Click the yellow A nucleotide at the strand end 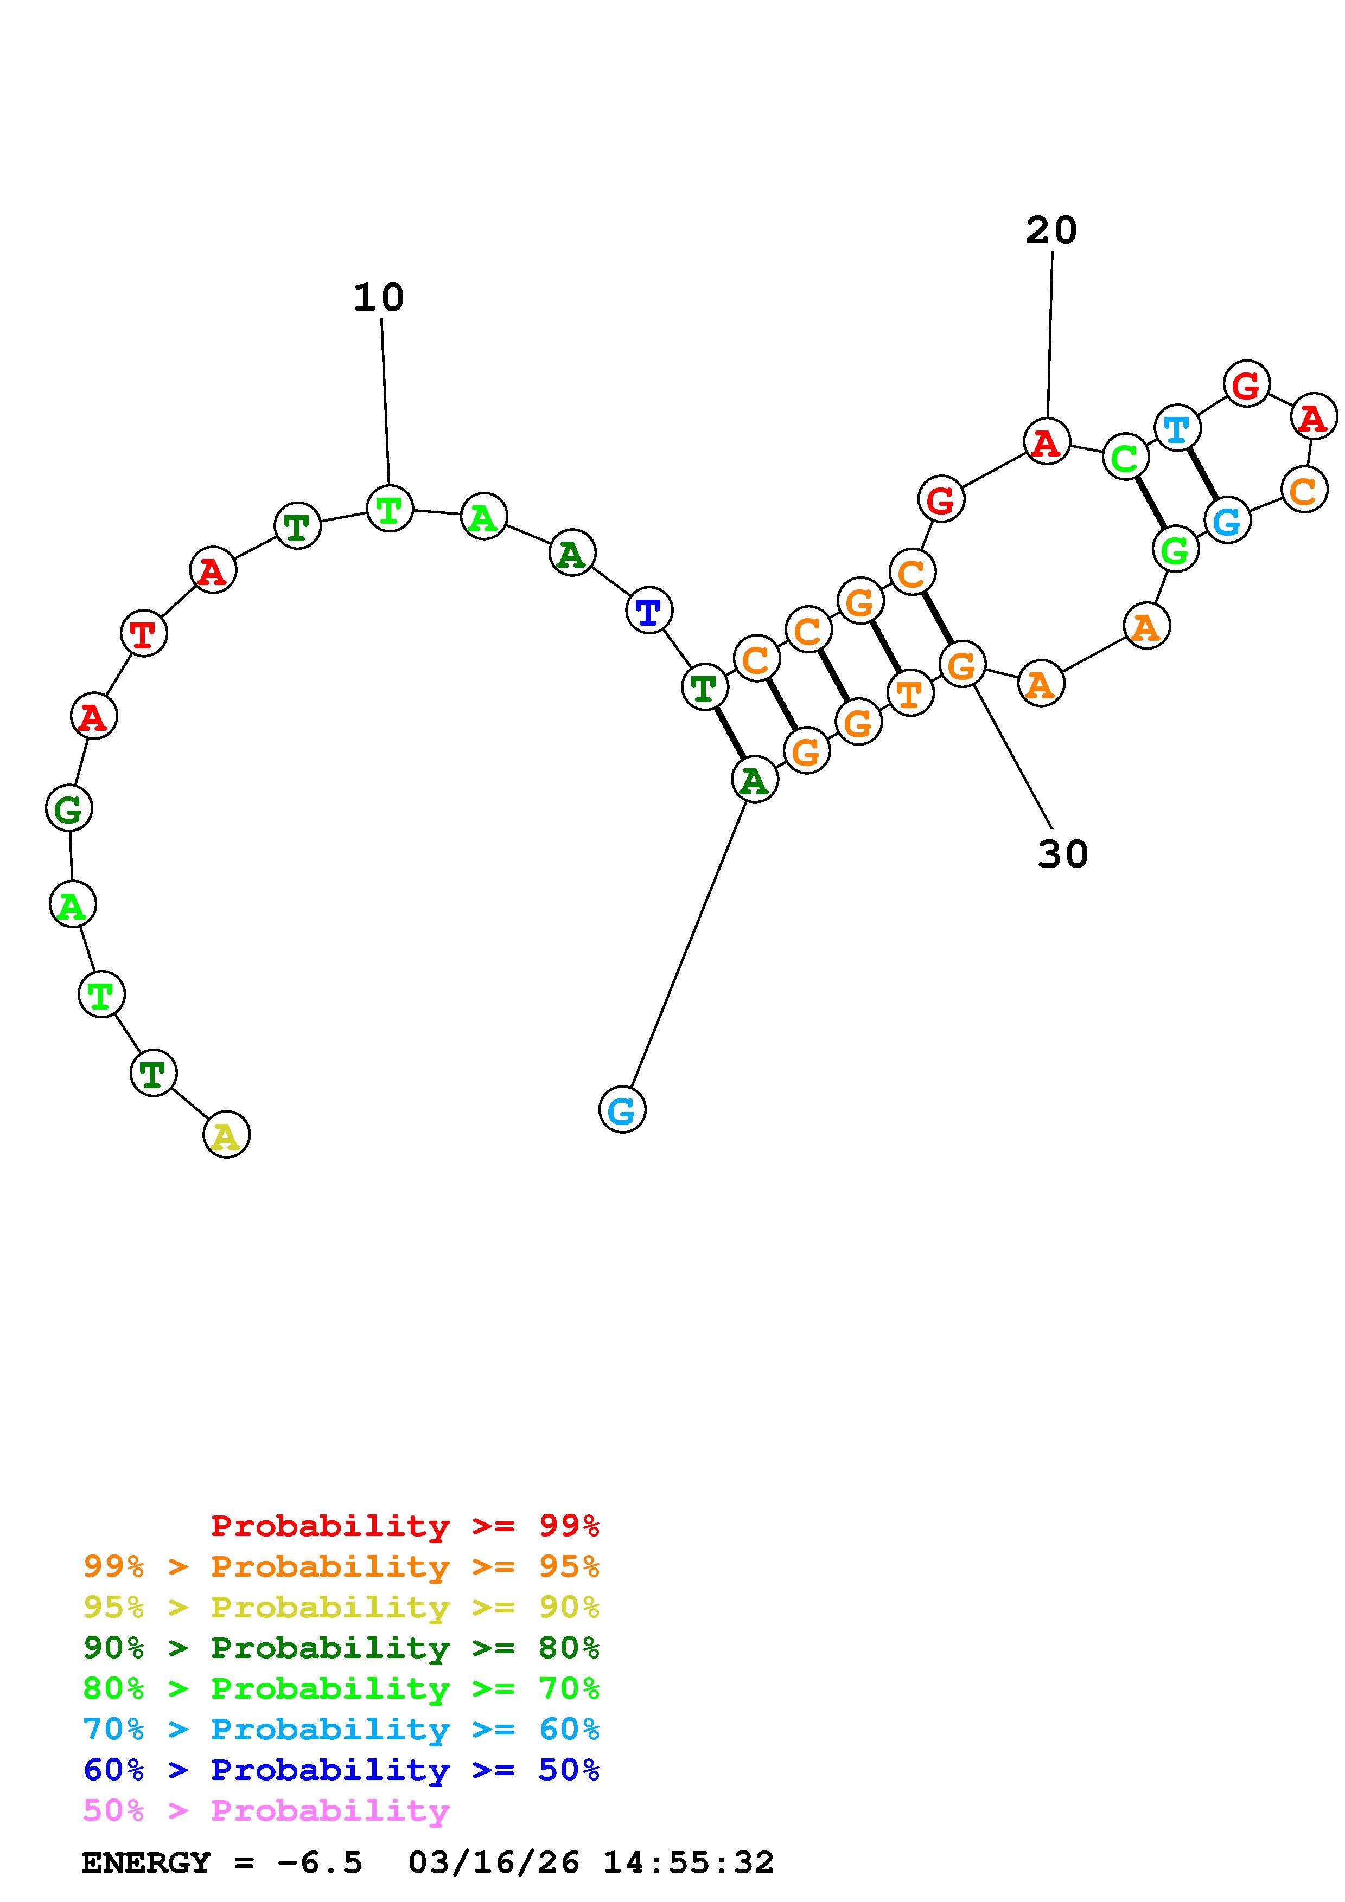coord(226,1134)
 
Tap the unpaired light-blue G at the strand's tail coord(622,1109)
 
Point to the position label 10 coord(379,298)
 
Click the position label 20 coord(1051,230)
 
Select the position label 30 coord(1062,853)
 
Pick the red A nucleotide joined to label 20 coord(1047,441)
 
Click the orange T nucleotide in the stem coord(910,692)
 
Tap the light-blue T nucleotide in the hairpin coord(1177,428)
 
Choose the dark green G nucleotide coord(69,808)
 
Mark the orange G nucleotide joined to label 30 coord(961,664)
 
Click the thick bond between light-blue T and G coord(1202,474)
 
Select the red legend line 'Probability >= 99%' coord(405,1526)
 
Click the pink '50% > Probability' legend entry coord(266,1811)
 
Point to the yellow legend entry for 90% coord(341,1607)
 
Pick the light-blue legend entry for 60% coord(341,1730)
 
